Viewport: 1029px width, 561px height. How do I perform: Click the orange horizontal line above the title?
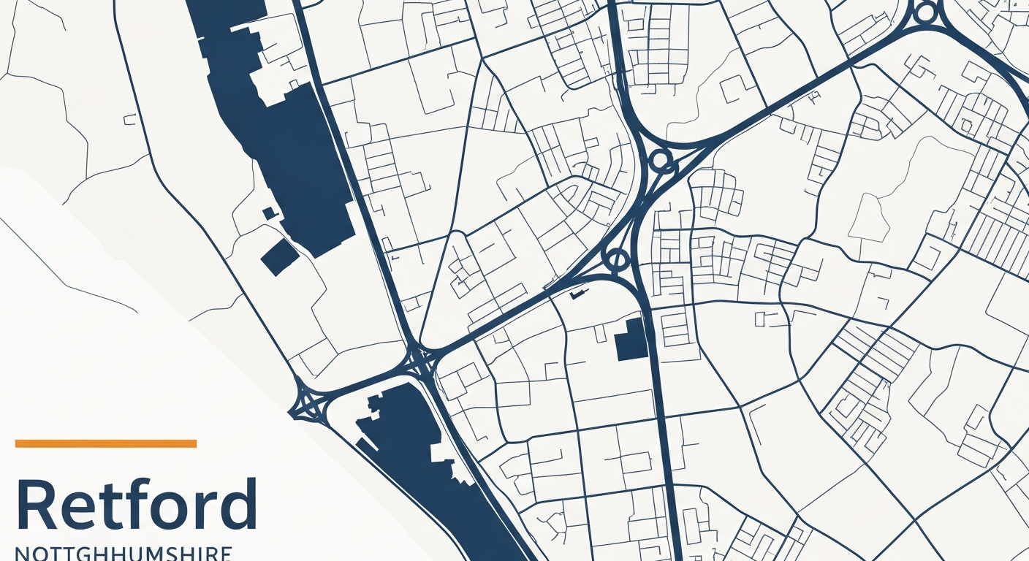click(x=106, y=443)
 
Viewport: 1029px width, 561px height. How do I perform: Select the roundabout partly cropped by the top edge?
click(x=925, y=12)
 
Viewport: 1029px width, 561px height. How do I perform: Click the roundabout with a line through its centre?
click(x=618, y=259)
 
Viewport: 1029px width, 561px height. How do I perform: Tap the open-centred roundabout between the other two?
click(x=661, y=160)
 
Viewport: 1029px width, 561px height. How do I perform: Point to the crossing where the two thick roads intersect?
click(x=420, y=359)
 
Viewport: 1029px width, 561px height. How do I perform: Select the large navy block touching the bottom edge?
click(x=431, y=467)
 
